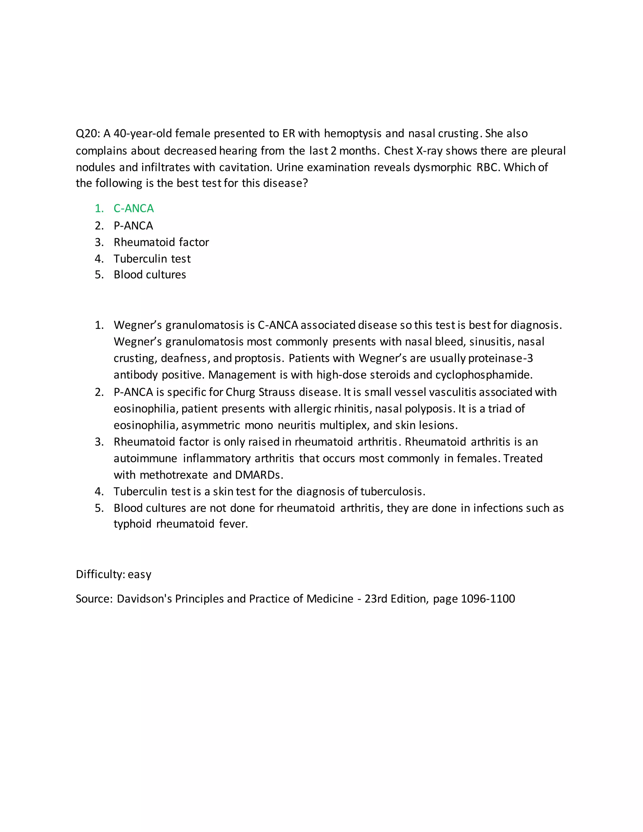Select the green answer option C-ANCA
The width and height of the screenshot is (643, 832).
point(133,208)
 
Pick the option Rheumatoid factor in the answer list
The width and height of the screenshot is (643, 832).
point(161,242)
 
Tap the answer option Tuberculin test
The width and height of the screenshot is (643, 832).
point(152,259)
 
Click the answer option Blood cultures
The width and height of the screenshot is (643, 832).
point(150,275)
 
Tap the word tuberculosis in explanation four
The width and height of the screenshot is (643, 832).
point(392,491)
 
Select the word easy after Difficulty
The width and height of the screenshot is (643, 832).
point(139,575)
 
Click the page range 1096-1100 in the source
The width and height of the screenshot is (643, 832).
point(488,599)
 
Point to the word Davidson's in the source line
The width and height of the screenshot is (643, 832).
point(144,599)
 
